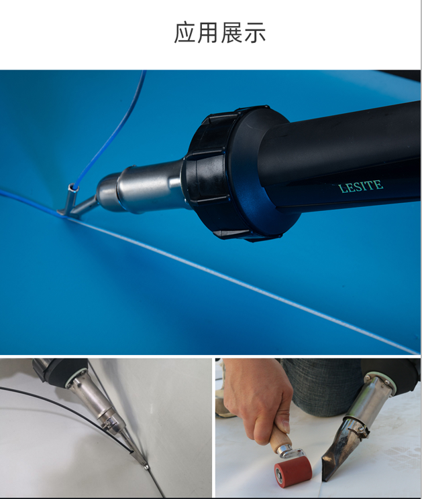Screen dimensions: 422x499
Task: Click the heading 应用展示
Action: click(x=219, y=32)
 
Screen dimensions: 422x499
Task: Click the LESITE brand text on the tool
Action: click(x=360, y=186)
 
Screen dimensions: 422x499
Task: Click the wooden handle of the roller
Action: click(x=280, y=436)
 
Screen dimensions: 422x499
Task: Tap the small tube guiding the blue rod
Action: click(x=72, y=195)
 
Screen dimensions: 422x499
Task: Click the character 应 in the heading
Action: click(x=185, y=32)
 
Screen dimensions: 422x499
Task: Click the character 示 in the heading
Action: click(x=255, y=33)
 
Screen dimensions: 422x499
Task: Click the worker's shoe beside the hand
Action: click(x=223, y=401)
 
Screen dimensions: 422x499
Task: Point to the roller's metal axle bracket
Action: click(x=288, y=453)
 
